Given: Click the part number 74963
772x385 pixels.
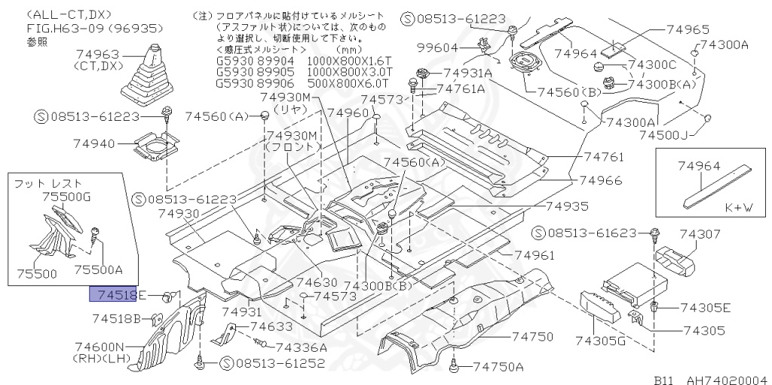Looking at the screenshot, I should coord(99,54).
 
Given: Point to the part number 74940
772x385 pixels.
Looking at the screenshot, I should coord(94,143).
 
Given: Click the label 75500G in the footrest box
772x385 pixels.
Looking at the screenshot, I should coord(66,196).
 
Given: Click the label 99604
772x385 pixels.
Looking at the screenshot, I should coord(440,48).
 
